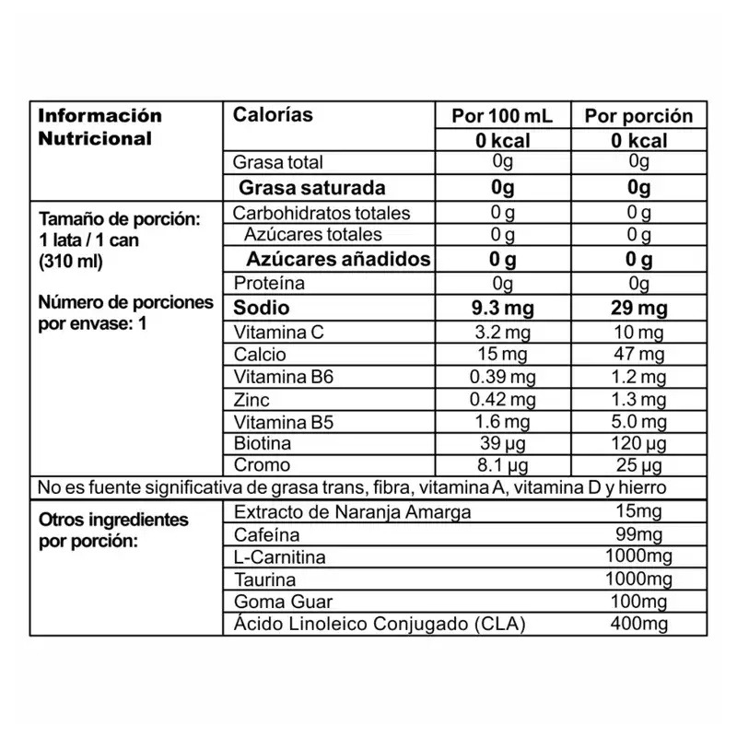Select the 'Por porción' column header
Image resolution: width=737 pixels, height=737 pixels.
pyautogui.click(x=638, y=116)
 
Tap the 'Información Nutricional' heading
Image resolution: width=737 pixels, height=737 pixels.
pyautogui.click(x=99, y=127)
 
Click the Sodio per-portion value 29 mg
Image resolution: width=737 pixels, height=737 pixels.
pyautogui.click(x=638, y=308)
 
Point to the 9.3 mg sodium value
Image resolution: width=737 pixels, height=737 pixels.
pyautogui.click(x=502, y=308)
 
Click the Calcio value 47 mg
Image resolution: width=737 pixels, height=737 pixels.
pyautogui.click(x=638, y=355)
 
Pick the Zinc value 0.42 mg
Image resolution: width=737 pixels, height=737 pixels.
pyautogui.click(x=502, y=399)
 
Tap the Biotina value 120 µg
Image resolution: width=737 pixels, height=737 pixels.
pyautogui.click(x=638, y=443)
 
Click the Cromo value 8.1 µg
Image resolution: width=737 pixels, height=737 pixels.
pyautogui.click(x=502, y=465)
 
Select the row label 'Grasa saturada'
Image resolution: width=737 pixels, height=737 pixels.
pyautogui.click(x=311, y=188)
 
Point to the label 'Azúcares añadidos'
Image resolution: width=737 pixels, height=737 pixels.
pyautogui.click(x=338, y=259)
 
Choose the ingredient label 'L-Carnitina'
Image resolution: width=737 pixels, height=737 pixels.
pyautogui.click(x=280, y=557)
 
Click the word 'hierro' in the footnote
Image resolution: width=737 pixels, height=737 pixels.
pyautogui.click(x=641, y=486)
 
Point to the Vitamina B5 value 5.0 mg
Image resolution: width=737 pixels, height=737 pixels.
pyautogui.click(x=638, y=421)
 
